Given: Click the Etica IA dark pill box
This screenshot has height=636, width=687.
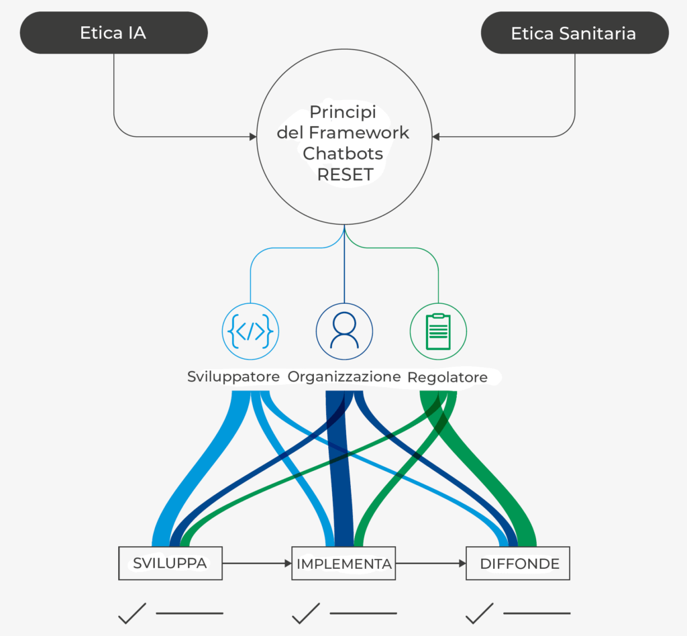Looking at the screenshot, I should point(113,33).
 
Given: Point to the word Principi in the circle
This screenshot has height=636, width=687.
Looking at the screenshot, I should point(343,111).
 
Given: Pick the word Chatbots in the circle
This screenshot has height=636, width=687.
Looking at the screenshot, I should point(343,154).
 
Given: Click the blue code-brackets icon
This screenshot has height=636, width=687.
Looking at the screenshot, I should point(250,331).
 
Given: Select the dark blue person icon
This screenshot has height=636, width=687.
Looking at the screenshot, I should point(344,331).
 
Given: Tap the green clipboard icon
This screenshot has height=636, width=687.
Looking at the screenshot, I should point(438,331).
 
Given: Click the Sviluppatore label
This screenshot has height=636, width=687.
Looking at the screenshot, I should point(233,377).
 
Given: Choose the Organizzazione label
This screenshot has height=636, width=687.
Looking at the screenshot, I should point(343,377).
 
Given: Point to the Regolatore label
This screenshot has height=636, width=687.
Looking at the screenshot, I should point(447,378).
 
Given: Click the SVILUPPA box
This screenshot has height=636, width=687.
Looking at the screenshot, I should point(170,564).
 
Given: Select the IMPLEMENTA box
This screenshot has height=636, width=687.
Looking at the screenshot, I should point(343,564).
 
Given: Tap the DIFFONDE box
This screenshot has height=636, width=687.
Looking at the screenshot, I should point(518,564).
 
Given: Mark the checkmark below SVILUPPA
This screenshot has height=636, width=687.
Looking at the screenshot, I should point(132,612).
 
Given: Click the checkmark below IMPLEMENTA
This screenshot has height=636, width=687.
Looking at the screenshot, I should point(306,612).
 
